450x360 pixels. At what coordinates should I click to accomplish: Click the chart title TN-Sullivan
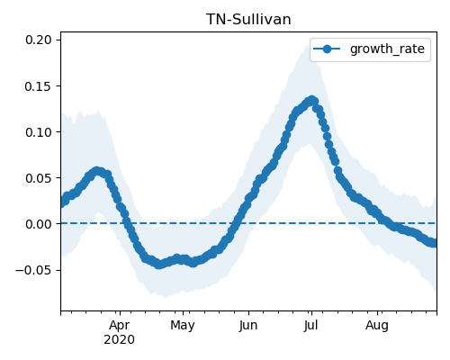pos(248,20)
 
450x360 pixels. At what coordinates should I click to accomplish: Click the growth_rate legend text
pos(387,49)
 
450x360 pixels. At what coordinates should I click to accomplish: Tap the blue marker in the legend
pos(327,49)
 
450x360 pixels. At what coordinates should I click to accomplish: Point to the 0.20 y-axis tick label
pos(39,40)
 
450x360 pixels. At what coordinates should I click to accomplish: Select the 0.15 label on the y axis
pos(39,86)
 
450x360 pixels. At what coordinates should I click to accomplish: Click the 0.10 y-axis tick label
pos(39,132)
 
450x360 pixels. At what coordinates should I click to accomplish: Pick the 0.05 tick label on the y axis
pos(39,178)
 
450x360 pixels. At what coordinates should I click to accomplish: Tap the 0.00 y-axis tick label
pos(39,224)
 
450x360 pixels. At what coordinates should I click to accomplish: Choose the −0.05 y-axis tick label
pos(33,270)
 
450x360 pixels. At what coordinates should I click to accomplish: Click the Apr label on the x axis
pos(120,326)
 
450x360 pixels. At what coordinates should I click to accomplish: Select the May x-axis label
pos(183,326)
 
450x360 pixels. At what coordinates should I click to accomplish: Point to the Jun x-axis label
pos(248,326)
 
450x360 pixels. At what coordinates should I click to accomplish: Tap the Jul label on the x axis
pos(310,326)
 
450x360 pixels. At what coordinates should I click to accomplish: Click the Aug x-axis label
pos(377,326)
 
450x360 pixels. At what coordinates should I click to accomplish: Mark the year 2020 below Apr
pos(120,340)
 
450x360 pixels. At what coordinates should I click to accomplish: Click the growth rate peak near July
pos(312,100)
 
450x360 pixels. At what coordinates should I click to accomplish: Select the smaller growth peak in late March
pos(96,171)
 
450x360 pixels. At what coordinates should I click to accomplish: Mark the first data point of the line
pos(63,202)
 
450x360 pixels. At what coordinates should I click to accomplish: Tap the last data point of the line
pos(435,243)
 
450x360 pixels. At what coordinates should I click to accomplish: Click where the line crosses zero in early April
pos(127,223)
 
